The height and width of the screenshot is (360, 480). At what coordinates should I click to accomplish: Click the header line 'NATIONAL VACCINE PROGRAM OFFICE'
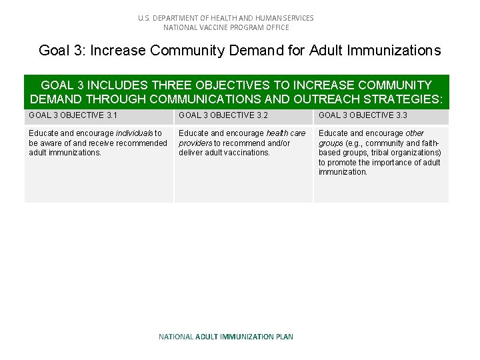click(x=226, y=27)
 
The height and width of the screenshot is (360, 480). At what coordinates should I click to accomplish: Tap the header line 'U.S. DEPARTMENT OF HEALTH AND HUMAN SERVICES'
click(x=226, y=18)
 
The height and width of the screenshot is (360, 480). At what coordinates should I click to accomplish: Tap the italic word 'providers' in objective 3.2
click(x=195, y=143)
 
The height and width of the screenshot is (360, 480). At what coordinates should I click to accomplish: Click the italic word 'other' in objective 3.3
click(x=414, y=133)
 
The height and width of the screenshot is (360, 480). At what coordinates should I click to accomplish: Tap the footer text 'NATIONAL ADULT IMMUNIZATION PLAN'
click(x=226, y=337)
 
